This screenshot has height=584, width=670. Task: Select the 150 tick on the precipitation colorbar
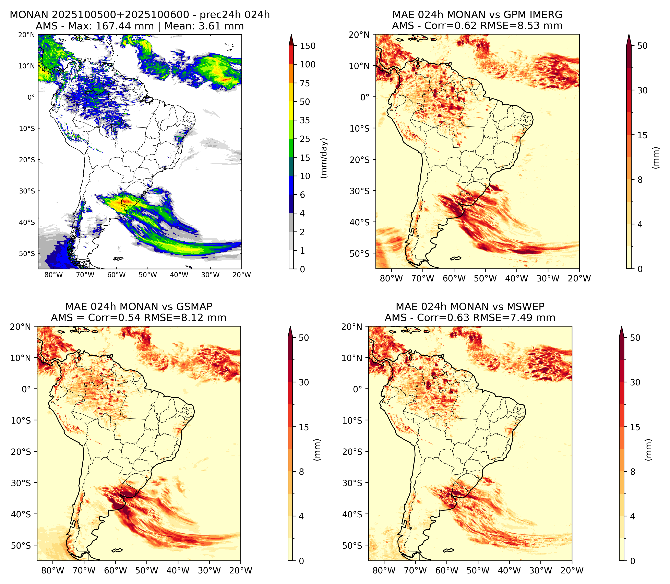click(308, 46)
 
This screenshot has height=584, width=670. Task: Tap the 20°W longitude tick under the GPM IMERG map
click(580, 278)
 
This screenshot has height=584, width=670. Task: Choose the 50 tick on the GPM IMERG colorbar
click(643, 46)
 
